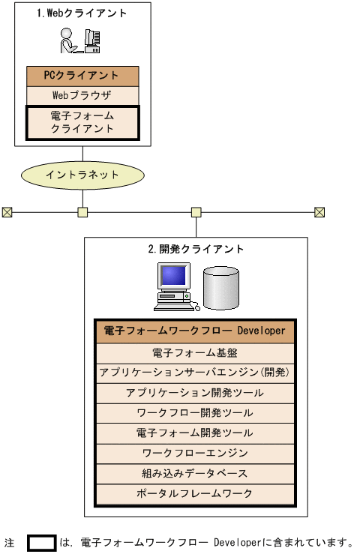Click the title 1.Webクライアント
[x=82, y=13]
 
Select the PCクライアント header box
[x=82, y=76]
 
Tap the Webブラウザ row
[x=82, y=95]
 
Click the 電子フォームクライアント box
[x=82, y=122]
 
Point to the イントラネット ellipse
[x=82, y=174]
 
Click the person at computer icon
[x=81, y=41]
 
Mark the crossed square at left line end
[x=7, y=212]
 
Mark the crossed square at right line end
[x=320, y=212]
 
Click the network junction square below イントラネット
[x=82, y=212]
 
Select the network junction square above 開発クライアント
[x=196, y=212]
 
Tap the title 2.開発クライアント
[x=196, y=249]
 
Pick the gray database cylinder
[x=221, y=288]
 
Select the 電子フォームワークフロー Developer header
[x=195, y=331]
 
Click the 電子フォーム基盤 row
[x=195, y=352]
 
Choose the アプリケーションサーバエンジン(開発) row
[x=195, y=372]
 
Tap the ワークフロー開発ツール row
[x=195, y=412]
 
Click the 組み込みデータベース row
[x=195, y=474]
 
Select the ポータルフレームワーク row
[x=195, y=494]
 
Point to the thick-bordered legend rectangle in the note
[x=42, y=542]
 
